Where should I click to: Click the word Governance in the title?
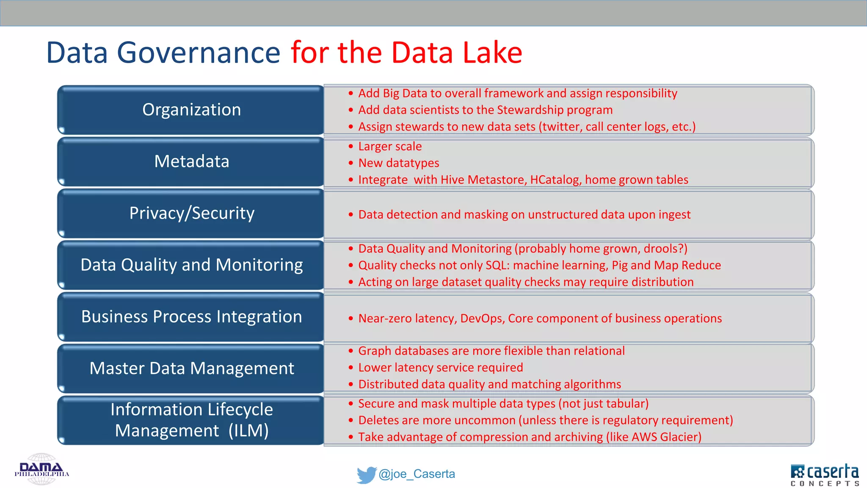coord(199,53)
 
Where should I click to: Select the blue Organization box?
coord(191,110)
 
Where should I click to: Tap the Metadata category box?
coord(191,161)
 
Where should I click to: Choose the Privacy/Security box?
coord(191,213)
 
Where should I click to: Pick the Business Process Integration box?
coord(191,317)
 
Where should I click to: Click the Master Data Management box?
coord(191,369)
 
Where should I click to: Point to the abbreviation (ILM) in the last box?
coord(249,431)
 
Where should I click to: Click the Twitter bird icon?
coord(366,474)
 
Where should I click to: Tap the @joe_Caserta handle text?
coord(417,474)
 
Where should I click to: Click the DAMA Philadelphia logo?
coord(41,469)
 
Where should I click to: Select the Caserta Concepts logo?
coord(824,474)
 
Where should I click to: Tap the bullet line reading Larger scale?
coord(390,147)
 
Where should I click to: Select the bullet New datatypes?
coord(398,163)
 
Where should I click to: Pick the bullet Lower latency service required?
coord(440,368)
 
